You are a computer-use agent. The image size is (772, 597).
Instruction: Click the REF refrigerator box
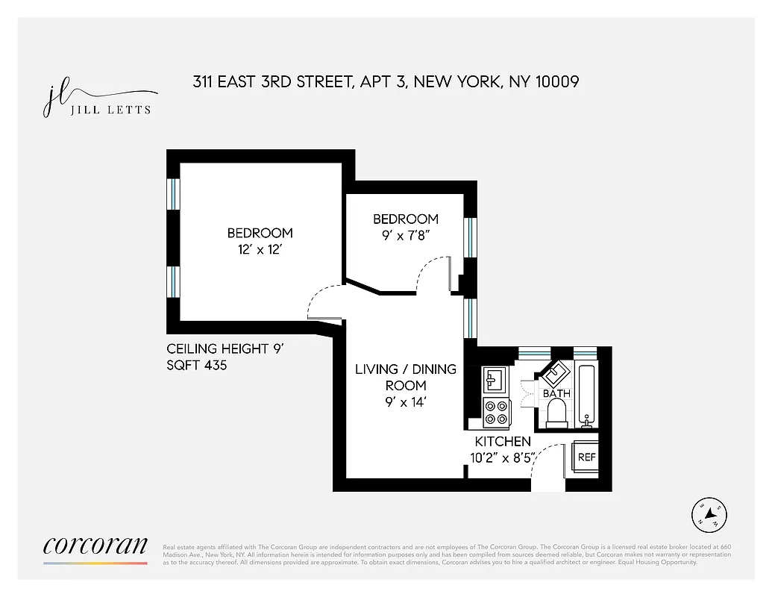coord(587,457)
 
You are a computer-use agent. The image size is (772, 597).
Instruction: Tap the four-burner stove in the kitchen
coord(496,410)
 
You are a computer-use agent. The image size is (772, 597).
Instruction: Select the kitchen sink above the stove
coord(495,381)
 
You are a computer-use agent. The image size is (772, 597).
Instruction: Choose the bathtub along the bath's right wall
coord(586,396)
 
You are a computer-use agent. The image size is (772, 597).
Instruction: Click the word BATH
coord(556,393)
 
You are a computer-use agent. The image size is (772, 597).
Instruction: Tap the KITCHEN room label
coord(503,442)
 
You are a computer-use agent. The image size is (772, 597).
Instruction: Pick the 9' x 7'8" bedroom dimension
coord(406,235)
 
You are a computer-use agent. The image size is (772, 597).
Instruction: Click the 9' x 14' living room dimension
coord(406,402)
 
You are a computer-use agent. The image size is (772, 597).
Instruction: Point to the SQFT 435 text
coord(196,366)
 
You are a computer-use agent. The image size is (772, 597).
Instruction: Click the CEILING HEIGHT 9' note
coord(214,348)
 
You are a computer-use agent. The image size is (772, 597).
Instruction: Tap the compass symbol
coord(709,514)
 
